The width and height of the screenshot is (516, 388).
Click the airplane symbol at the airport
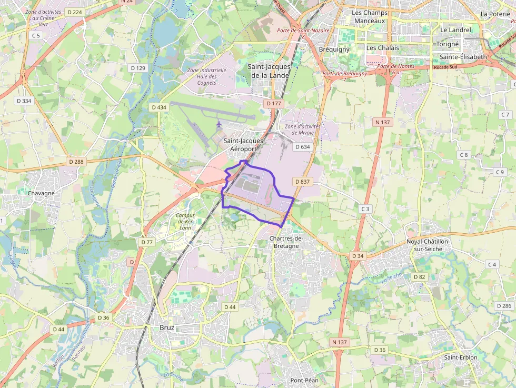219,124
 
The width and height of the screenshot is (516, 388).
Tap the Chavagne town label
41,193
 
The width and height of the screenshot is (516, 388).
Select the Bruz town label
166,327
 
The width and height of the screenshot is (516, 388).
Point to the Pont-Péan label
304,380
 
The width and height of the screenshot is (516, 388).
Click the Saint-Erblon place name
461,357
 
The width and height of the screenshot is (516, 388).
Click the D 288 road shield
76,162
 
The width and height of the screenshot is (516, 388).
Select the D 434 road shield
158,107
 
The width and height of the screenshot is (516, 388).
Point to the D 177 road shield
274,104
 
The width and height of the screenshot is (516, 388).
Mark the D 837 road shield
303,181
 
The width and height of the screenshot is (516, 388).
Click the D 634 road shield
303,147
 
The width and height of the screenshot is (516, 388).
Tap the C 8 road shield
463,155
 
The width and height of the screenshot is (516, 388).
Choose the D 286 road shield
504,306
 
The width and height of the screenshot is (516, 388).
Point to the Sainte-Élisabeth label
456,57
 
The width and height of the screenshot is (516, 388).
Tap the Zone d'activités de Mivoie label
299,130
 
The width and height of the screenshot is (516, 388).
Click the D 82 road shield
419,277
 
